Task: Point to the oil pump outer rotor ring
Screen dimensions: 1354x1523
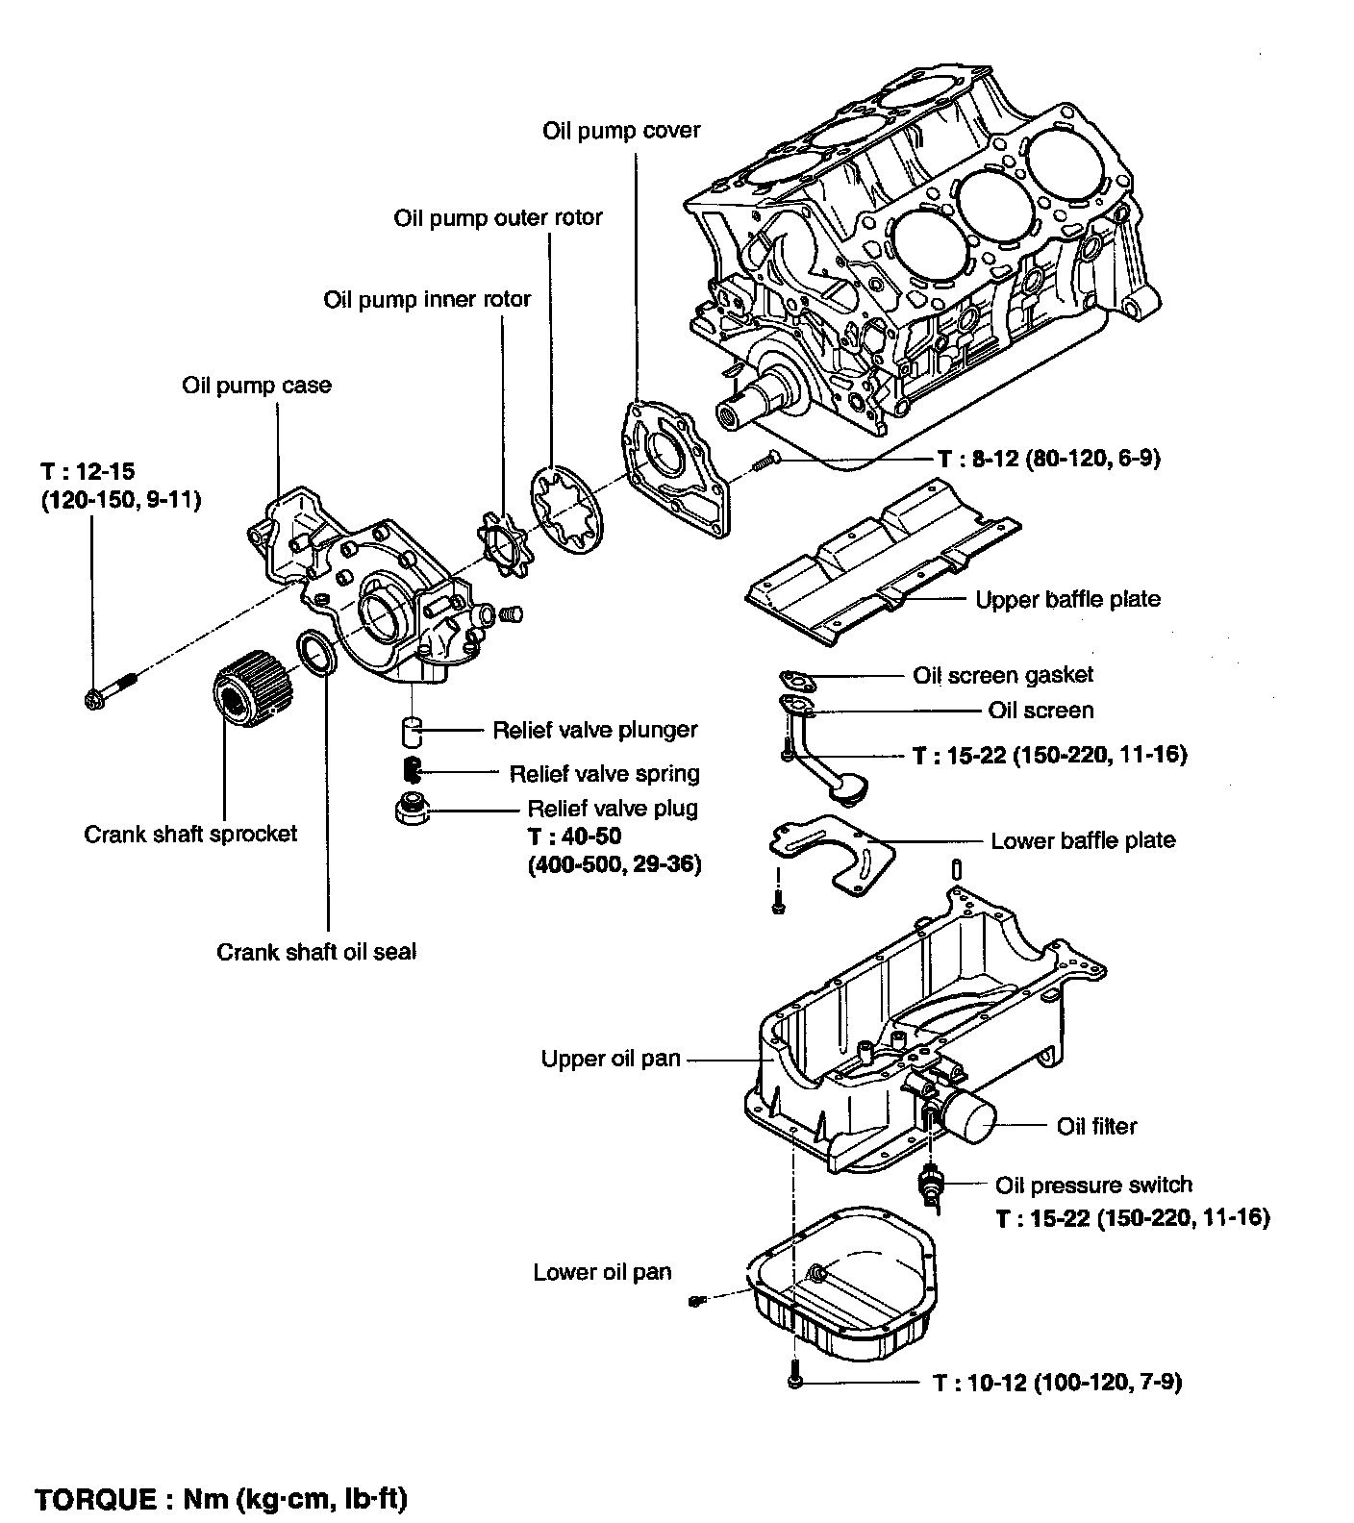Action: click(567, 510)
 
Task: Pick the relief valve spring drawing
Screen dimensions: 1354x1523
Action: click(412, 770)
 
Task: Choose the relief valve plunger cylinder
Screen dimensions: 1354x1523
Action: click(413, 731)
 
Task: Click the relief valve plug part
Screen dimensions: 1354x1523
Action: click(413, 808)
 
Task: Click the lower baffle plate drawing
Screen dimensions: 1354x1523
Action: click(831, 851)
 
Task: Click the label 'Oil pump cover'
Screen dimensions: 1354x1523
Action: click(621, 130)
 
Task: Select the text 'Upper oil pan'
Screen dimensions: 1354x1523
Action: click(611, 1059)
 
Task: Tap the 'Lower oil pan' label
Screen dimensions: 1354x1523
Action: click(603, 1272)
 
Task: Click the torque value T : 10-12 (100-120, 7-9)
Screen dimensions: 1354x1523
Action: click(1058, 1382)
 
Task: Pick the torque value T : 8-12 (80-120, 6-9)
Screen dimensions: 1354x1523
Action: click(1048, 459)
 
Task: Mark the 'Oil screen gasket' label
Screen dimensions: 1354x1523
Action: click(1003, 675)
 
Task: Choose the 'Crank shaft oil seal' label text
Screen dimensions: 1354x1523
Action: click(316, 952)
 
